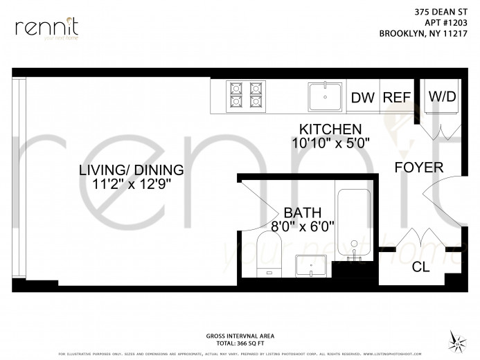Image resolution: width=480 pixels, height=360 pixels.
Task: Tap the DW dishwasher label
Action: (362, 98)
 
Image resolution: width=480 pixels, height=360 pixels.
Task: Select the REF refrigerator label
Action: (397, 98)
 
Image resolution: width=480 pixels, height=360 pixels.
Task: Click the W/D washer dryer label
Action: (442, 96)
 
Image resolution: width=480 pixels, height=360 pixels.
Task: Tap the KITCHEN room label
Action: (330, 129)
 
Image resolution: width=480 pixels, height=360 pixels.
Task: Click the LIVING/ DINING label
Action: (131, 170)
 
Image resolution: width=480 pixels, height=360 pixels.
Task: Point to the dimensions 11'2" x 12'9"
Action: (131, 185)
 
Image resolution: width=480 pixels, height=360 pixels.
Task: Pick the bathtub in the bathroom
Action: (355, 232)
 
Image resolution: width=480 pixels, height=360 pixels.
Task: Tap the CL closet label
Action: (420, 267)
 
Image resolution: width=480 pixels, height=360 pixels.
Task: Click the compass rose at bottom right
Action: (456, 339)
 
